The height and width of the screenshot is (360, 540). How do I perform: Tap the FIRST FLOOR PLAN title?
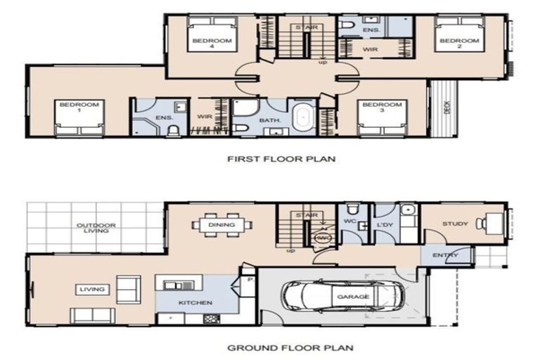(x=281, y=159)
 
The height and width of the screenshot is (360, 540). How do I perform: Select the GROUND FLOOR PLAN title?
(x=280, y=347)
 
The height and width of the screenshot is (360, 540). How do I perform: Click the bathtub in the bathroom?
(x=304, y=115)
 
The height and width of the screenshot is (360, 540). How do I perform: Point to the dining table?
(x=221, y=225)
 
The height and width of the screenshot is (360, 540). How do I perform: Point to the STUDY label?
(x=455, y=224)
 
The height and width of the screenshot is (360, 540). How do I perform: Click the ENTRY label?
(x=445, y=255)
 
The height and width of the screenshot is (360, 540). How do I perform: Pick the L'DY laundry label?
(x=385, y=224)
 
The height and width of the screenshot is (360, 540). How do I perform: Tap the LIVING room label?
(x=92, y=289)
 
